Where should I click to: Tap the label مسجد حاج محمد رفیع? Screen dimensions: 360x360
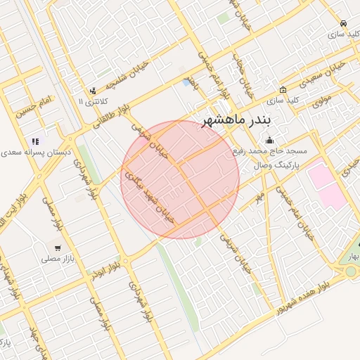(x=268, y=151)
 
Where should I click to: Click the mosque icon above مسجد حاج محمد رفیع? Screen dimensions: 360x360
(x=268, y=140)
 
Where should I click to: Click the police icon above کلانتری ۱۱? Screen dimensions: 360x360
(x=93, y=91)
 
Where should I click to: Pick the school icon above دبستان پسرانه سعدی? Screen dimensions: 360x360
(x=35, y=141)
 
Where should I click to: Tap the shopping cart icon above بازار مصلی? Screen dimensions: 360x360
(x=57, y=247)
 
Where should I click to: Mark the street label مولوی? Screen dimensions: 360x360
(x=321, y=100)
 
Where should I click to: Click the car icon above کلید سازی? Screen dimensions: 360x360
(x=342, y=22)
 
